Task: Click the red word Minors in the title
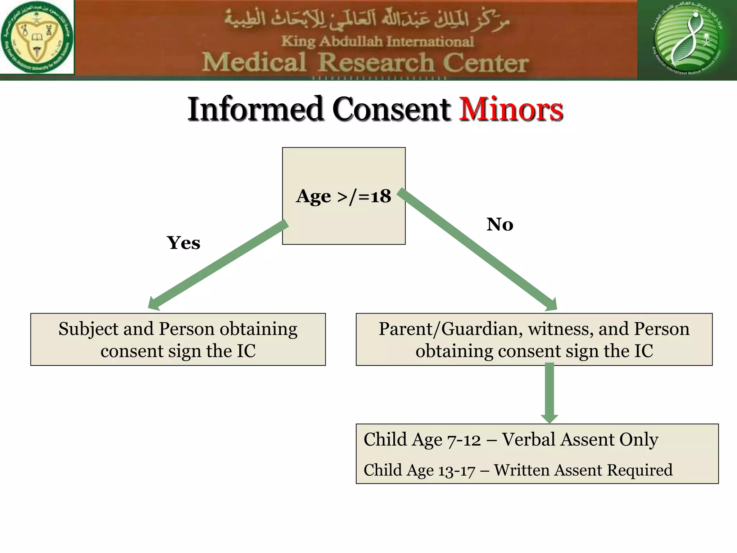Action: pos(511,109)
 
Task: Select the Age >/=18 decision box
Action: pos(344,196)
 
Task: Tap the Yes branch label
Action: pos(184,243)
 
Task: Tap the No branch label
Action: pos(500,224)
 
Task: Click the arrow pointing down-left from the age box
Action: pos(218,266)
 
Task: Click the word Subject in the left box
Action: pos(89,329)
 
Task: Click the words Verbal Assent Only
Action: pos(580,440)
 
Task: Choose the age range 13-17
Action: pos(457,471)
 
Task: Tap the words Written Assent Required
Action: pos(583,470)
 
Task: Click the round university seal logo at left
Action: pos(37,37)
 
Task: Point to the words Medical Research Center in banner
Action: pos(365,63)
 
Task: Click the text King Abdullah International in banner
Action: pos(377,41)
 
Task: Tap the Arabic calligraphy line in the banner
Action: pos(367,20)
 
